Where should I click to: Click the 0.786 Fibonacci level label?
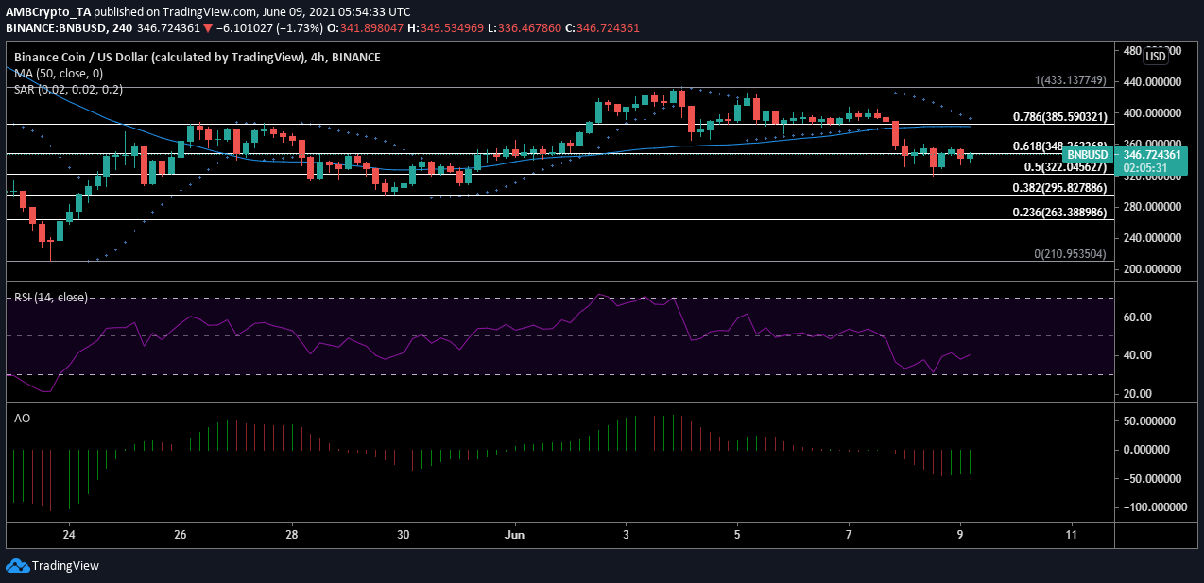(x=1052, y=118)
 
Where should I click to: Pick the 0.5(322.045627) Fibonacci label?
(x=1056, y=167)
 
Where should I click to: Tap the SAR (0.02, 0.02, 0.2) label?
(x=68, y=89)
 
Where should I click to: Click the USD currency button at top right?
(x=1157, y=56)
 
